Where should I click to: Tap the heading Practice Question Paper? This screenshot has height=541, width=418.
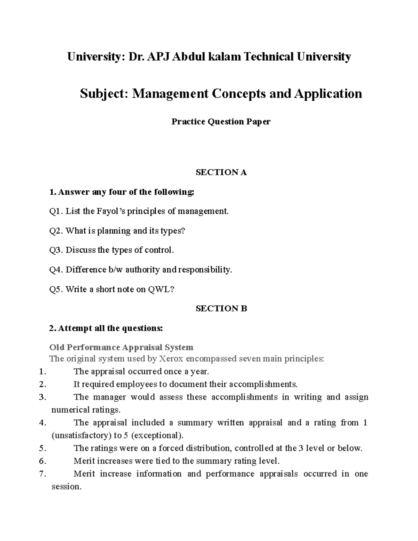click(221, 122)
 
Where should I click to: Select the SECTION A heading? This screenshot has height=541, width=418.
click(221, 172)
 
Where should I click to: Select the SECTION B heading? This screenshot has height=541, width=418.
click(221, 308)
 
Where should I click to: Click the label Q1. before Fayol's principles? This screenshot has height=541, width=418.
click(56, 211)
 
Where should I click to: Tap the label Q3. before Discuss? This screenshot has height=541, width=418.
click(56, 250)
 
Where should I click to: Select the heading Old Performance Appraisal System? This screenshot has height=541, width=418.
click(121, 347)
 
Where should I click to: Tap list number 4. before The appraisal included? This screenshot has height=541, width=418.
click(43, 423)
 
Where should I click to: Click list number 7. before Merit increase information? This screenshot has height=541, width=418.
click(43, 474)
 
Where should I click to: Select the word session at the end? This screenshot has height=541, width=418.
click(65, 487)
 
